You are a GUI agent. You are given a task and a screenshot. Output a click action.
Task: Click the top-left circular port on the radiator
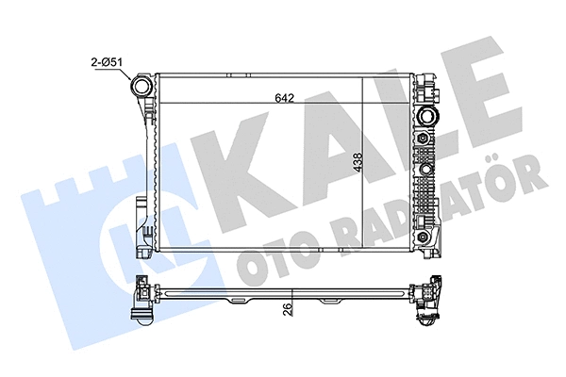pyautogui.click(x=142, y=88)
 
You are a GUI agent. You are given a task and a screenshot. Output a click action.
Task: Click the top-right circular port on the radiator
pyautogui.click(x=426, y=117)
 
